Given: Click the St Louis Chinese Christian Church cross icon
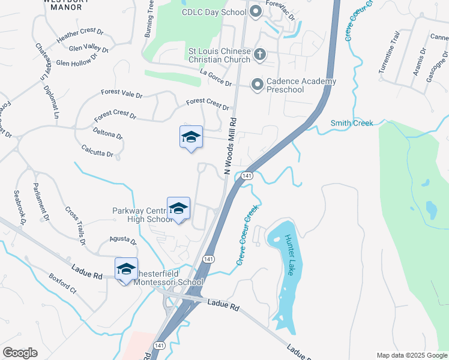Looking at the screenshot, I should [260, 55].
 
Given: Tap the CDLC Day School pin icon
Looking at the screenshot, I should [255, 11].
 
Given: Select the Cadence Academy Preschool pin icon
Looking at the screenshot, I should [258, 85].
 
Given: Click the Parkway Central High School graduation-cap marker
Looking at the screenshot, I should [178, 208].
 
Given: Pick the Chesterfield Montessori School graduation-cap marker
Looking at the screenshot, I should [126, 269].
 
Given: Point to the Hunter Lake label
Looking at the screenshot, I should [292, 255].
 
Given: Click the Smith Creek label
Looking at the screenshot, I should [352, 123].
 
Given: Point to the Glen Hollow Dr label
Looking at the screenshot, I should [76, 61].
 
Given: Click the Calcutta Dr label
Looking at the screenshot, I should [97, 151].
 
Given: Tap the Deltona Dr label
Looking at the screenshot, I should [108, 132].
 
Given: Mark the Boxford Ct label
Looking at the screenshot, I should [63, 283].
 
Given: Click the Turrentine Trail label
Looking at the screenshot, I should [388, 56].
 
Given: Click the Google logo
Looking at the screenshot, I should [20, 352].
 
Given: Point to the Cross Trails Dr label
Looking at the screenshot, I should [75, 226].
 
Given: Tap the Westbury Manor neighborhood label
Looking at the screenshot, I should [63, 5].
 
